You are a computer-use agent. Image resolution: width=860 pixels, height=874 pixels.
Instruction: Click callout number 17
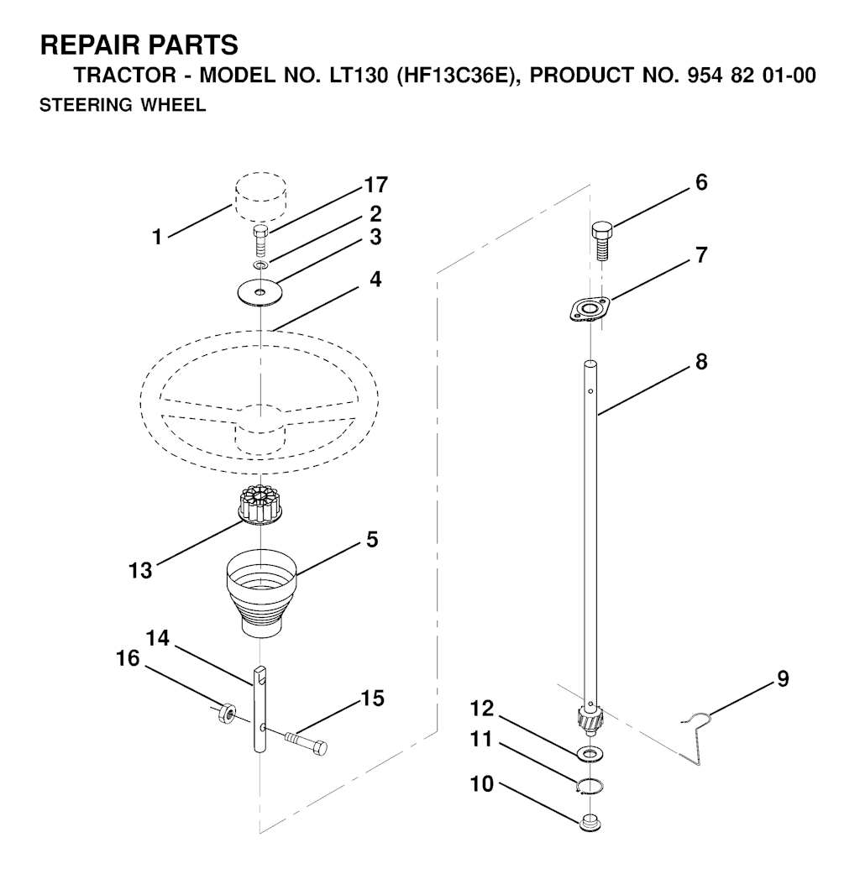pos(375,185)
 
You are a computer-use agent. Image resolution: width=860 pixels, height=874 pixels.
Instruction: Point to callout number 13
pos(140,570)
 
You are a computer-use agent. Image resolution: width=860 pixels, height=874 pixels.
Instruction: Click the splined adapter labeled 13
pos(261,505)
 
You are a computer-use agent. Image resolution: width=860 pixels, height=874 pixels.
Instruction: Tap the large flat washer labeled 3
pos(260,292)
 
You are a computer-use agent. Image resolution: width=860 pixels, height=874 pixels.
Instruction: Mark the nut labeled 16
pos(226,712)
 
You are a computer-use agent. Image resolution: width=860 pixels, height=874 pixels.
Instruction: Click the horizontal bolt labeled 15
pos(305,744)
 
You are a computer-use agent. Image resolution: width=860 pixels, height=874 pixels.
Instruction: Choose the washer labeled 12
pos(590,754)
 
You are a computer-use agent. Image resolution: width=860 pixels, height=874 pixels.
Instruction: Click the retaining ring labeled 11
pos(590,785)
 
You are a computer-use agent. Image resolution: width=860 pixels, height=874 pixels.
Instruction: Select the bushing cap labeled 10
pos(590,823)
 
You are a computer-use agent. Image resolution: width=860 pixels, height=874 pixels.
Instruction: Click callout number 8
pos(701,362)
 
